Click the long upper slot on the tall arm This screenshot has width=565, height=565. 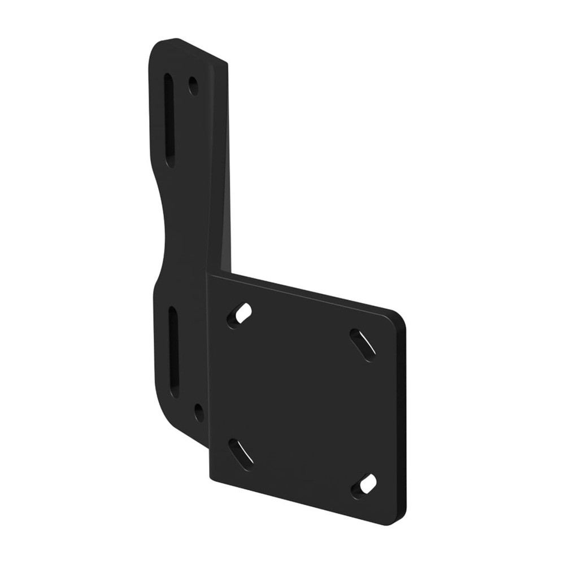point(169,120)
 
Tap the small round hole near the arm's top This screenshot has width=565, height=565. point(193,86)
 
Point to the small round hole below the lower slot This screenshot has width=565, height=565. point(199,412)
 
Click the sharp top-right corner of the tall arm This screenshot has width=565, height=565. point(227,63)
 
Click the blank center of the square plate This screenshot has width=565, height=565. point(302,401)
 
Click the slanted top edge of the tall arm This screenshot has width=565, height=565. point(198,50)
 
